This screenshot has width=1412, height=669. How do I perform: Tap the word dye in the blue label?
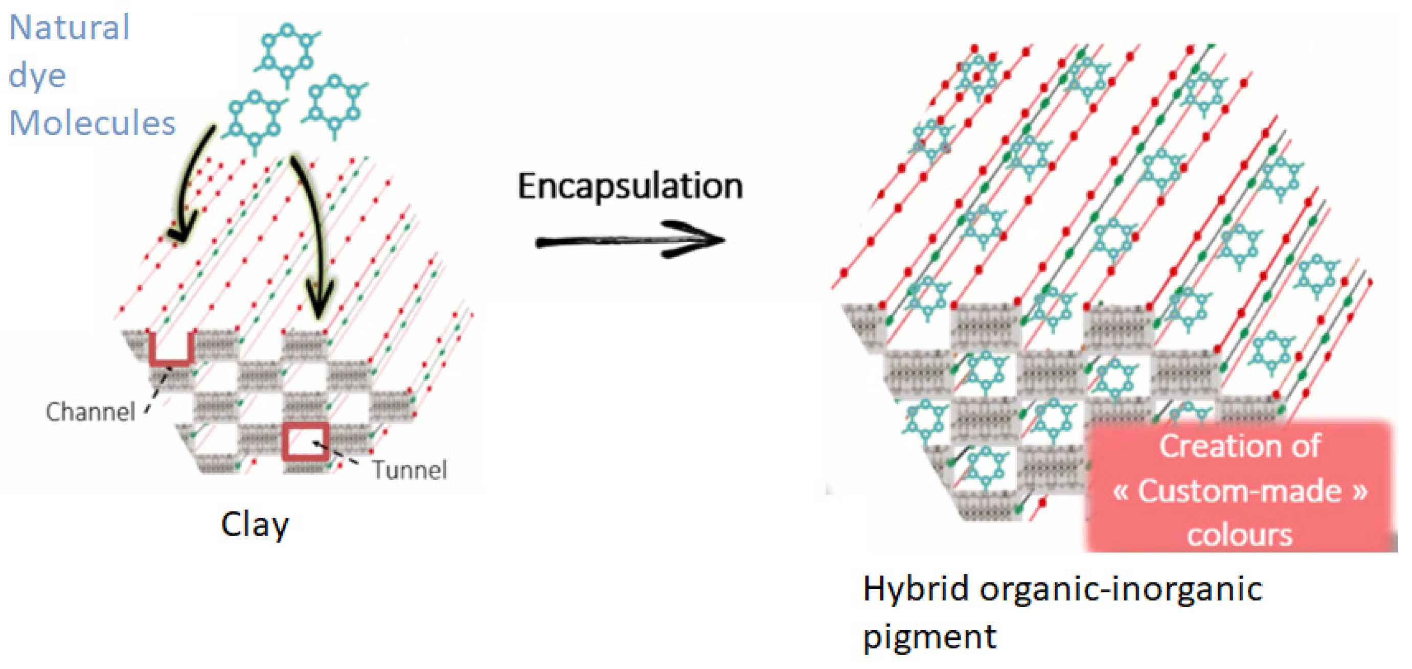pyautogui.click(x=37, y=76)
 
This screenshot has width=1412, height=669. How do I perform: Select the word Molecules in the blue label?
pyautogui.click(x=92, y=123)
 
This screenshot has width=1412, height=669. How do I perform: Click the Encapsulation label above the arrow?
pyautogui.click(x=630, y=187)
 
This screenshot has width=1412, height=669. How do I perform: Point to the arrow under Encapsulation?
pyautogui.click(x=630, y=241)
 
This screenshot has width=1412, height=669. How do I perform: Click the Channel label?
pyautogui.click(x=90, y=412)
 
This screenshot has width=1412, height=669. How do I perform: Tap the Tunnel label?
pyautogui.click(x=409, y=470)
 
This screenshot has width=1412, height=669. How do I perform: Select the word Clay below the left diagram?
pyautogui.click(x=255, y=524)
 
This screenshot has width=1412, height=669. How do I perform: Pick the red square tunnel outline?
pyautogui.click(x=306, y=442)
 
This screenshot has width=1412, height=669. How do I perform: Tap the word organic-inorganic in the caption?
pyautogui.click(x=1121, y=589)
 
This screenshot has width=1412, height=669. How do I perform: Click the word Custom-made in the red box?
pyautogui.click(x=1239, y=491)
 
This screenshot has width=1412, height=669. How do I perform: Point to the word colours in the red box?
pyautogui.click(x=1239, y=534)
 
